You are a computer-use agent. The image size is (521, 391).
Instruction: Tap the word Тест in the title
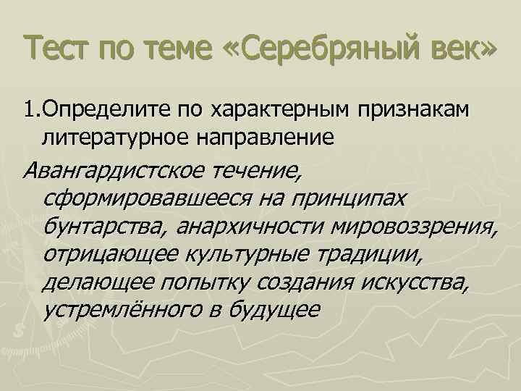pos(56,50)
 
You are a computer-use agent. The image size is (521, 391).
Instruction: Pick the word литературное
pos(115,136)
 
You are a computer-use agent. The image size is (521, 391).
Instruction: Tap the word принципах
pos(348,198)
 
